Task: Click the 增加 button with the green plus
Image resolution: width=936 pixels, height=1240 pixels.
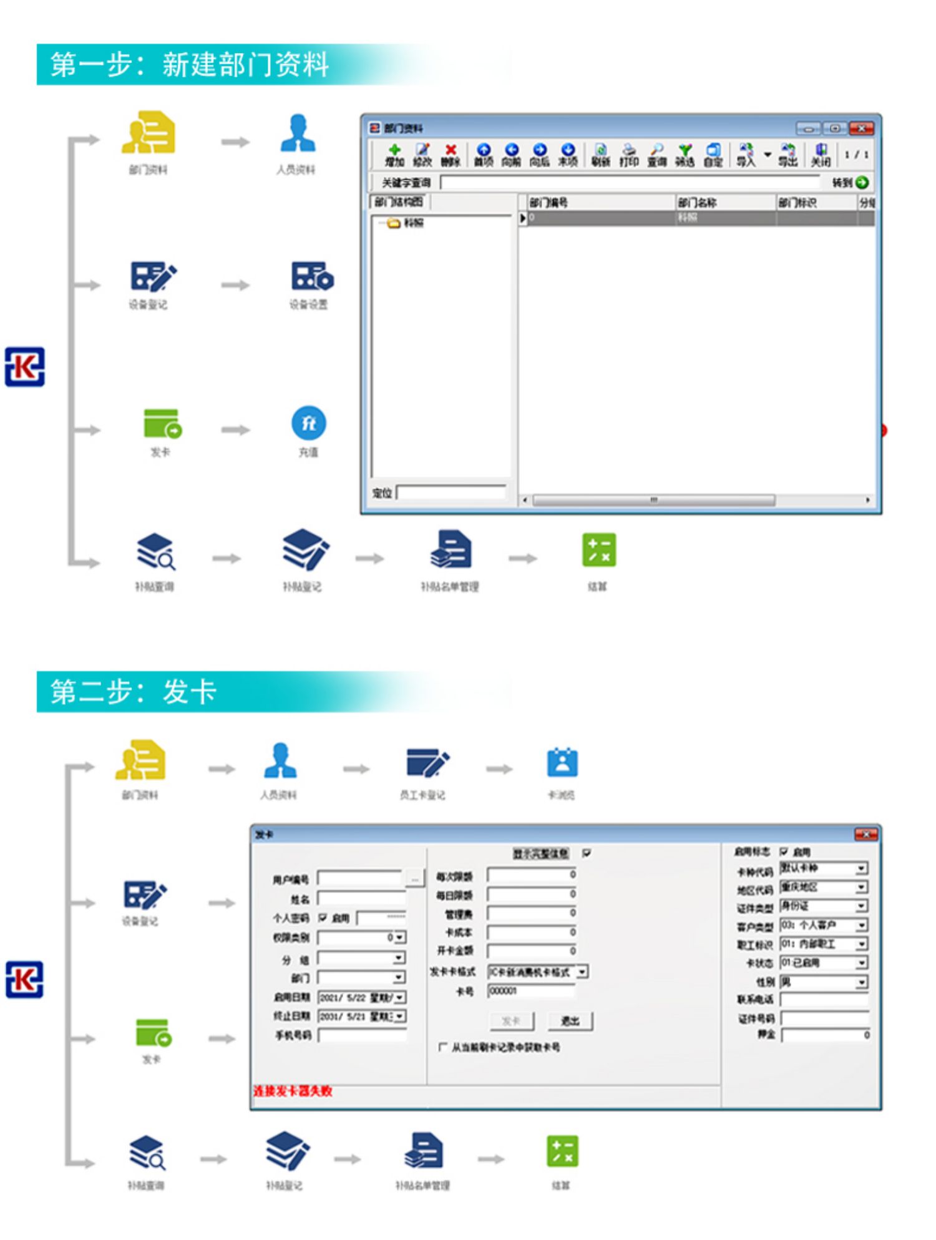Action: click(x=394, y=154)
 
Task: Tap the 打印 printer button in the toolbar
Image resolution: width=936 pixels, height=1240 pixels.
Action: click(x=628, y=154)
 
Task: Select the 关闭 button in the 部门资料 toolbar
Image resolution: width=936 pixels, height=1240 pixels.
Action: click(x=821, y=154)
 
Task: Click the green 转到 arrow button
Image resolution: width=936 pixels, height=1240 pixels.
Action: click(x=862, y=182)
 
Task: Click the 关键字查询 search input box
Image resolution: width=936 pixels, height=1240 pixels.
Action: click(x=630, y=182)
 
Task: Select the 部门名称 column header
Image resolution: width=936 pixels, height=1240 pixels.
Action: click(x=724, y=202)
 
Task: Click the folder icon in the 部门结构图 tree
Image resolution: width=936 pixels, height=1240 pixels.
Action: click(x=393, y=223)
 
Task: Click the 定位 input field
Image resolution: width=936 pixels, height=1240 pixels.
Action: click(x=451, y=493)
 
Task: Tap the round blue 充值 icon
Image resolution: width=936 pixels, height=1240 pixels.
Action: click(x=308, y=424)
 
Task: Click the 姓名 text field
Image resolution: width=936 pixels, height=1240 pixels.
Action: click(x=362, y=899)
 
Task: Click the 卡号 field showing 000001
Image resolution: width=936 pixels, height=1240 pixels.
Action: click(x=530, y=991)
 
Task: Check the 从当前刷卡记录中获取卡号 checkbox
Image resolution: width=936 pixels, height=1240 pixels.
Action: click(x=442, y=1047)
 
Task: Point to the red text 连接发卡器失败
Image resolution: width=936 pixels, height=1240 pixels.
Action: click(x=292, y=1091)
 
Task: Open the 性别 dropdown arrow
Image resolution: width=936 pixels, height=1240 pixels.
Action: click(x=861, y=982)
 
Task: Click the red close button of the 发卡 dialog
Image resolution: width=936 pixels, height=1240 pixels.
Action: click(x=865, y=835)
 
